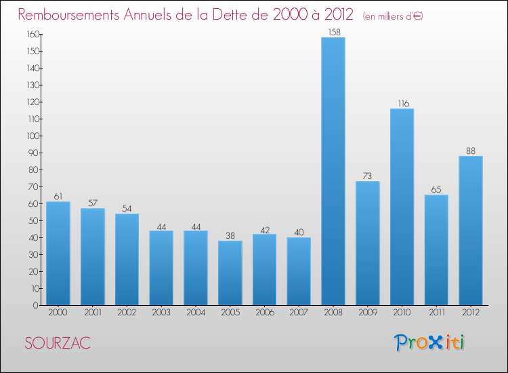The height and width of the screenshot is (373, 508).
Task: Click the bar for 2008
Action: coord(333,171)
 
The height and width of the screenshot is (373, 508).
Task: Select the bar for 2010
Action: coord(402,207)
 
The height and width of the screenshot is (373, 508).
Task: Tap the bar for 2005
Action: coord(230,273)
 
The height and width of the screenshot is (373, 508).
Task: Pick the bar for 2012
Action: coord(471,231)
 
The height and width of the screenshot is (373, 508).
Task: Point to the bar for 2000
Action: coord(58,253)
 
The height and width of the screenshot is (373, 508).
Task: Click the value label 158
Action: coord(333,32)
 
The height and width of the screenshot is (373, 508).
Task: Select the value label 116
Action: coord(402,103)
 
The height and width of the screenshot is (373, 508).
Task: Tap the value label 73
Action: coord(368,176)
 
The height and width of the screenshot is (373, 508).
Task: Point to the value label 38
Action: coord(230,235)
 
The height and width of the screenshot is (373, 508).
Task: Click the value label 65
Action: coord(436,189)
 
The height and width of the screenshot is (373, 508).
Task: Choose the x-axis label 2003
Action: coord(161,313)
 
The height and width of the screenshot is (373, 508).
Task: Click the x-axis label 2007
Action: coord(299,313)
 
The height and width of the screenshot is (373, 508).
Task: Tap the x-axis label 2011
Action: coord(436,313)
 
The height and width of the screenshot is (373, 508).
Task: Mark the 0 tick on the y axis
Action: coord(34,305)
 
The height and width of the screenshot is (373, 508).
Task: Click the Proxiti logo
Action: coord(430,342)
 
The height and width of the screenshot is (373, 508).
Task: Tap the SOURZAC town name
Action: coord(58,343)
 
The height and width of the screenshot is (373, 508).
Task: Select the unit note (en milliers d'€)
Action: coord(393,16)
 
